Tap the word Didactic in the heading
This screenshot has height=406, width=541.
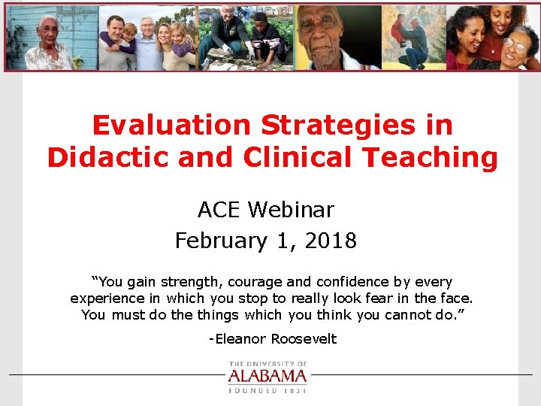coord(103,158)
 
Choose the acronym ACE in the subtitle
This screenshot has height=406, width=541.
coord(219,209)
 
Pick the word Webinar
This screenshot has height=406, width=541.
coord(301,209)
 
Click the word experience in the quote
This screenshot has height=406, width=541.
coord(106,298)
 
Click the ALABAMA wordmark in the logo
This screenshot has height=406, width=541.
coord(267,376)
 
